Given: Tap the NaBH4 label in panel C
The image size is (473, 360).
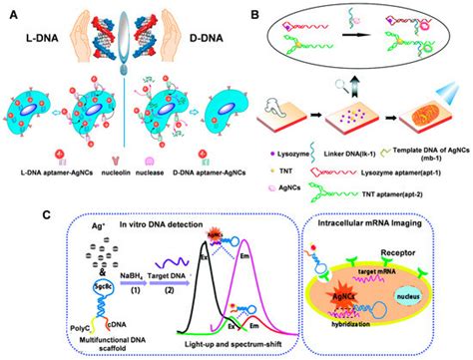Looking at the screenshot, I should [x=100, y=255].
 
